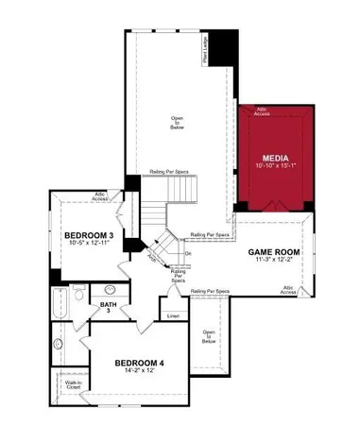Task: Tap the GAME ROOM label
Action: coord(274,252)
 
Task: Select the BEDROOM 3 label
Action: coord(89,234)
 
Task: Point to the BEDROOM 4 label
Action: coord(140,363)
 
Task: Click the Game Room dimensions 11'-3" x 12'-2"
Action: coord(274,262)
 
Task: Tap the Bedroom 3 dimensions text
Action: coord(91,244)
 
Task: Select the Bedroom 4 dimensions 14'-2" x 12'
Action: coord(140,371)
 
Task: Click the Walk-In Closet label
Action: coord(73,384)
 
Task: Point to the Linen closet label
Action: coord(173,315)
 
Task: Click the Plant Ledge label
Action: coord(204,50)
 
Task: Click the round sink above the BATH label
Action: coord(111,290)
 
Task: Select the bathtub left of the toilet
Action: coord(60,303)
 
